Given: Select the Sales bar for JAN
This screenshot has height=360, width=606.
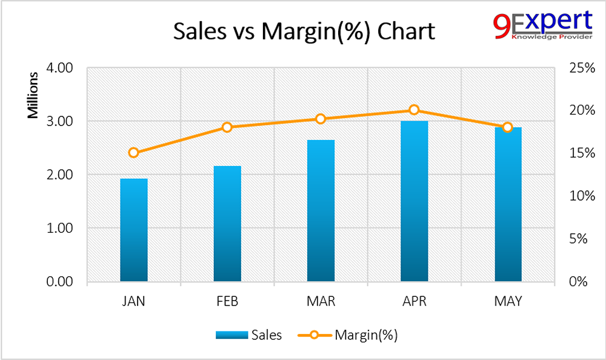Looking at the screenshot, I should pos(134,230).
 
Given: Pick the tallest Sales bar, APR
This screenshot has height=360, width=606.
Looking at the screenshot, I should pos(414,201).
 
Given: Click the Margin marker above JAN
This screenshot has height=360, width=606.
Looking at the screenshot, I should pos(134,153).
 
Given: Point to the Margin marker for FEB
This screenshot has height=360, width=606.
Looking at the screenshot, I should pos(227,127).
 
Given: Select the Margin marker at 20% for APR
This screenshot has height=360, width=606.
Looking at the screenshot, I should pos(414,110).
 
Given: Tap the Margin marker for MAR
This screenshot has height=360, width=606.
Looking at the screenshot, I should pos(321,119).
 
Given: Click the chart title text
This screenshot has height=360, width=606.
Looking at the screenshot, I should pos(304,31).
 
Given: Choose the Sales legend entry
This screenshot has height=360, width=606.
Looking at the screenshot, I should pos(248,335).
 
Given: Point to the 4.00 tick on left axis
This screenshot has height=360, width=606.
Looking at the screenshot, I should pos(59,67).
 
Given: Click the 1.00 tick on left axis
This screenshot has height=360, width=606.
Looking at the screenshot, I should pos(59,228).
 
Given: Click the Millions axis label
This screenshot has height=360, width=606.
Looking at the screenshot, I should pos(35,95).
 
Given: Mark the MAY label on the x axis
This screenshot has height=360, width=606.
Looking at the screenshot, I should pos(508,301).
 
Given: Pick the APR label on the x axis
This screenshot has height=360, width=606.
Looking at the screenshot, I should pos(414,301).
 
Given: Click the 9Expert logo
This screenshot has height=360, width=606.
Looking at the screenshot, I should pos(542,25).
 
